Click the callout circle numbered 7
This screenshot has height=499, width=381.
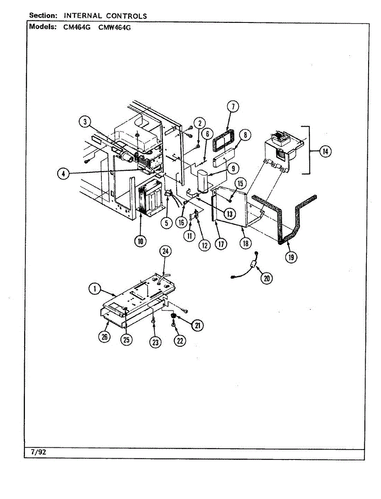233,107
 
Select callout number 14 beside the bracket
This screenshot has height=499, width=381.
325,152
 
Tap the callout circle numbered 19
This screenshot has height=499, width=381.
291,257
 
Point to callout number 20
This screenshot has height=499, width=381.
266,278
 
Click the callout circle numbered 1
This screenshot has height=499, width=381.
95,288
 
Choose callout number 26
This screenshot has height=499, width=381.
105,337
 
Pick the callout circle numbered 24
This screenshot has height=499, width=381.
166,252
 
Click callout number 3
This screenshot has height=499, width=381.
85,122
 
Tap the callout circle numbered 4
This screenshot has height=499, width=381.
63,175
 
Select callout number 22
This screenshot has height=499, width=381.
179,341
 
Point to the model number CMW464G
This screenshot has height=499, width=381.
114,28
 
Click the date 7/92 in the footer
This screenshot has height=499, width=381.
38,452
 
